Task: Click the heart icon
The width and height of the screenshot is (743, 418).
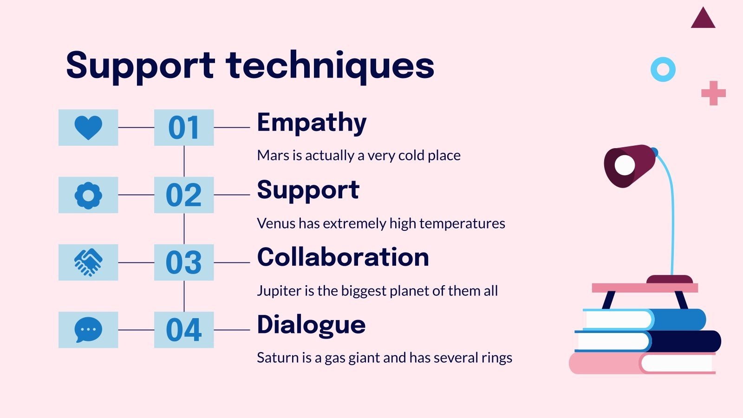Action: [x=88, y=127]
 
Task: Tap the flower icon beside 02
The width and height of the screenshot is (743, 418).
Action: [x=88, y=195]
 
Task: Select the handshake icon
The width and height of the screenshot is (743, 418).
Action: [x=88, y=262]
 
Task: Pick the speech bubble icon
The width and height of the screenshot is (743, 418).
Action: [x=88, y=330]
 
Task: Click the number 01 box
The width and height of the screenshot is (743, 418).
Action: [x=184, y=128]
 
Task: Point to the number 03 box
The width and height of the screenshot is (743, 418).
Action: [x=184, y=262]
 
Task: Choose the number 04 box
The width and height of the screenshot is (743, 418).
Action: [x=184, y=330]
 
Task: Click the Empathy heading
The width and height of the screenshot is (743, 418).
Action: [x=312, y=123]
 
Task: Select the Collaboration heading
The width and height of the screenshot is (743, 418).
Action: [x=343, y=257]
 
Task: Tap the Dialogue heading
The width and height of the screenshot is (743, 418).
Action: [x=311, y=325]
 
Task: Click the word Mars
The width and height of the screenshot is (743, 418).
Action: [x=273, y=156]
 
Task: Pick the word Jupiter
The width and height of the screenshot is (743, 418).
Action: [x=279, y=291]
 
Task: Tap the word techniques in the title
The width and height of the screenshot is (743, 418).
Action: [x=330, y=65]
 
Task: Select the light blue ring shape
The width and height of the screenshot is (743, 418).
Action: [x=663, y=70]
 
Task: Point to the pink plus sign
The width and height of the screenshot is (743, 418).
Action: [x=713, y=93]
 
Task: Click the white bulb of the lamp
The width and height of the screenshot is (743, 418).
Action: [x=625, y=165]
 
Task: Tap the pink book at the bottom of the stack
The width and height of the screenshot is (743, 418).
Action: [x=604, y=364]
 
